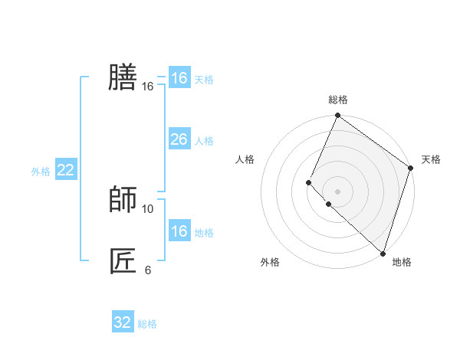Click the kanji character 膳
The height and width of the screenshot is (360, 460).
[123, 77]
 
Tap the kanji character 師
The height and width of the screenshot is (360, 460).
[123, 199]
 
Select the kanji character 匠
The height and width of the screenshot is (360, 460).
[123, 260]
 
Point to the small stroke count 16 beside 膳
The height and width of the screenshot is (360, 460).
[148, 87]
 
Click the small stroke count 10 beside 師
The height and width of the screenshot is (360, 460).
[148, 208]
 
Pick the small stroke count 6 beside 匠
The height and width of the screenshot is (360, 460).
[148, 270]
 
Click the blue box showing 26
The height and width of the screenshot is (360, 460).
[179, 139]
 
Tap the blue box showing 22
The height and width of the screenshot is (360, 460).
[65, 170]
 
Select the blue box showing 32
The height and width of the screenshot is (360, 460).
[123, 322]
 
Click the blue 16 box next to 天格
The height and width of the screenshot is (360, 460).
[179, 78]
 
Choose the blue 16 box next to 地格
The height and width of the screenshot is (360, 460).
[179, 231]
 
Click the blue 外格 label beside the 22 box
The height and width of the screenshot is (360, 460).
[41, 172]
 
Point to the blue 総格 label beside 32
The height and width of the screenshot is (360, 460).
[147, 324]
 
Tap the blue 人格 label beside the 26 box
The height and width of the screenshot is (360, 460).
[204, 141]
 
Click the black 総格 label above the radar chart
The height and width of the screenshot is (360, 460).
[337, 100]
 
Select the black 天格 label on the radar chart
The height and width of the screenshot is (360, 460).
[431, 159]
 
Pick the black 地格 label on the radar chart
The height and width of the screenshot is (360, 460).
[402, 262]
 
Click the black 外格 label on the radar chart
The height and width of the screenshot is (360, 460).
[270, 262]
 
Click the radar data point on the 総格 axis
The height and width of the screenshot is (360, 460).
[337, 116]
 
